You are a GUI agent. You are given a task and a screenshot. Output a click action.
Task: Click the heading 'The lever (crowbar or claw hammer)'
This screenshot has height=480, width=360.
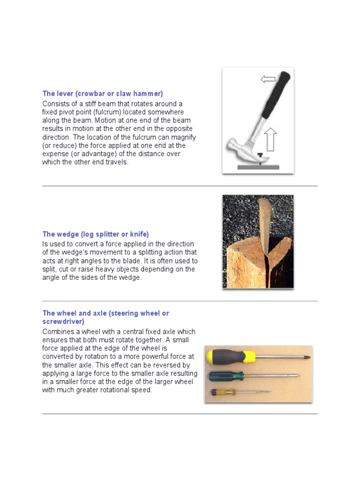coord(103,94)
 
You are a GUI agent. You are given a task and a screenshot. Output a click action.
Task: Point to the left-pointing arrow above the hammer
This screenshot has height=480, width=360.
coord(268,79)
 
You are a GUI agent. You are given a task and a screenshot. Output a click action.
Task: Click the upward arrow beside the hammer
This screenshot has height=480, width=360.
coord(270,140)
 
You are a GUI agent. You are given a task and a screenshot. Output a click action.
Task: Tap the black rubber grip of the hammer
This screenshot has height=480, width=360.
coord(274,96)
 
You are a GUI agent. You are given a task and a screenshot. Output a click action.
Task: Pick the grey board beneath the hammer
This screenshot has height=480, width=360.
coord(258,166)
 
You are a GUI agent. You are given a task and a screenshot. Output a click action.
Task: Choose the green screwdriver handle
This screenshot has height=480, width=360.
coord(226,375)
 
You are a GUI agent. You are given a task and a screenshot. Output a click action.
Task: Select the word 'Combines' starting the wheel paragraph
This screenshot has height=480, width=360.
coord(57,331)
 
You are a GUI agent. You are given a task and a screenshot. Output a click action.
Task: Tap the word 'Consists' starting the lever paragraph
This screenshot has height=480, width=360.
coord(55,104)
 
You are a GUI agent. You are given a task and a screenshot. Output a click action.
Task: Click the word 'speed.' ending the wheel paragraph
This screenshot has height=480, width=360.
coord(142,390)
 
